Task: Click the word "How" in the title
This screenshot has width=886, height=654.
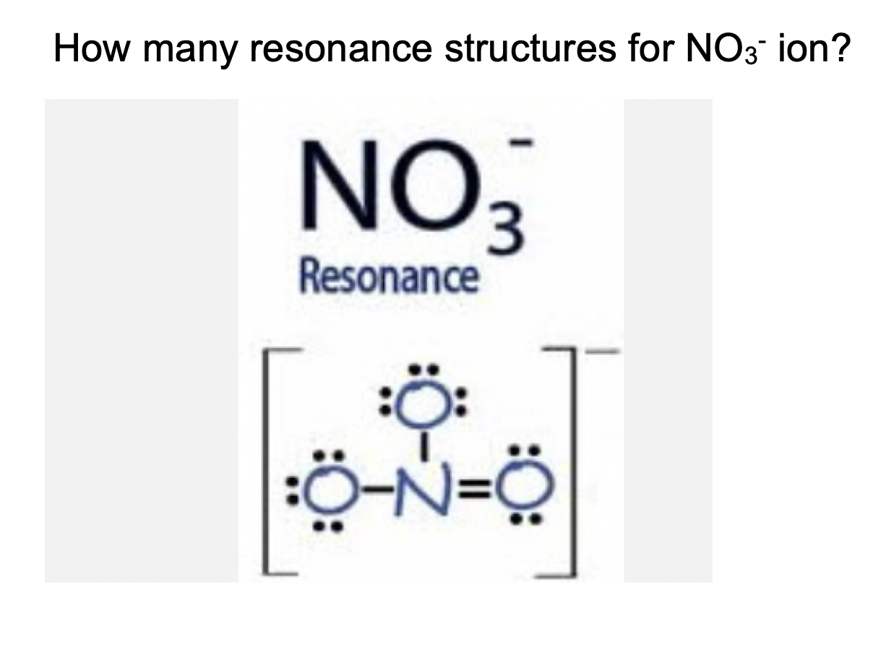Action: pos(92,48)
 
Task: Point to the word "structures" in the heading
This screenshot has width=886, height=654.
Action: pos(530,48)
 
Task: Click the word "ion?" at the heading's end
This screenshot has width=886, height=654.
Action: pos(812,48)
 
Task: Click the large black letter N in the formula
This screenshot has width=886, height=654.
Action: pos(339,185)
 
